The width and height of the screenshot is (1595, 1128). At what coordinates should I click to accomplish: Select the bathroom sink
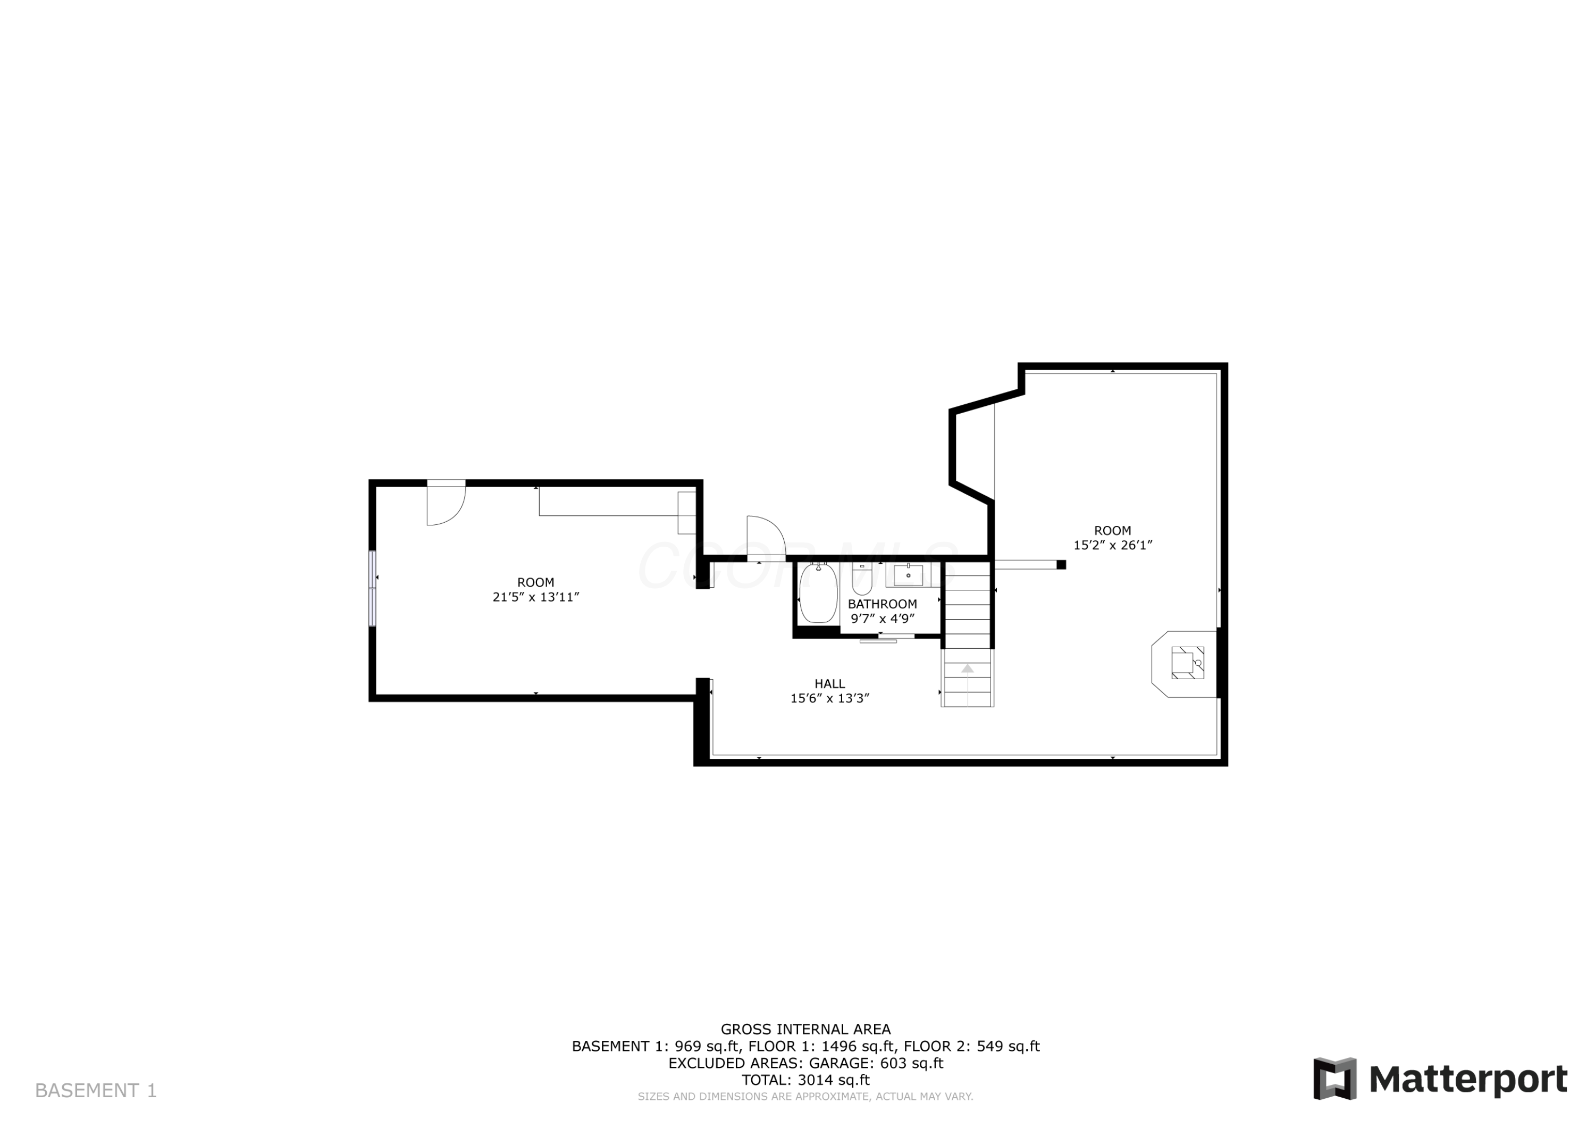(x=908, y=575)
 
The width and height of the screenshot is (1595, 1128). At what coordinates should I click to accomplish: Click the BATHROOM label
(x=882, y=604)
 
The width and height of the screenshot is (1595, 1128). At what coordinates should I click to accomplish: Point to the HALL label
(x=829, y=684)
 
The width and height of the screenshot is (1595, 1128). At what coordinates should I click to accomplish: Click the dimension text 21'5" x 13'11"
(x=535, y=597)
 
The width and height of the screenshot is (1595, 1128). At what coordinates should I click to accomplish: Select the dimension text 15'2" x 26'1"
(x=1112, y=546)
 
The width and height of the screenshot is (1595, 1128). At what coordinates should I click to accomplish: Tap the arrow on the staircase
(x=967, y=669)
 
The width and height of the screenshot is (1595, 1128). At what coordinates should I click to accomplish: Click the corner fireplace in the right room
(x=1185, y=663)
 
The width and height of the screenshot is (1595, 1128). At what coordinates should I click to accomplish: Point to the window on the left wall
(x=372, y=588)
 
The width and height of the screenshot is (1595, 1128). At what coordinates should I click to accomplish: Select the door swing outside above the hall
(x=765, y=537)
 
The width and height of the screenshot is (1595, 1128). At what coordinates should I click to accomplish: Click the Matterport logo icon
(x=1334, y=1079)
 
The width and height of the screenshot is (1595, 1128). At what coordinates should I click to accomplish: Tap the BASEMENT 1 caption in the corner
(x=96, y=1090)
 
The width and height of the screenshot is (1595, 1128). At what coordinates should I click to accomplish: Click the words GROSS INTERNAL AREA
(x=805, y=1029)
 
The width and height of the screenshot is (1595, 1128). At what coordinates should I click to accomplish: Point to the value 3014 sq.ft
(x=833, y=1080)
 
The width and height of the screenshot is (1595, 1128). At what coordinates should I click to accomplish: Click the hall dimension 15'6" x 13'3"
(x=829, y=698)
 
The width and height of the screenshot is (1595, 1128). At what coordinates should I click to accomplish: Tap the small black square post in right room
(x=1061, y=564)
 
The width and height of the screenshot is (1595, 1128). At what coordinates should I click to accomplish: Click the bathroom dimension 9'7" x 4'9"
(x=882, y=619)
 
